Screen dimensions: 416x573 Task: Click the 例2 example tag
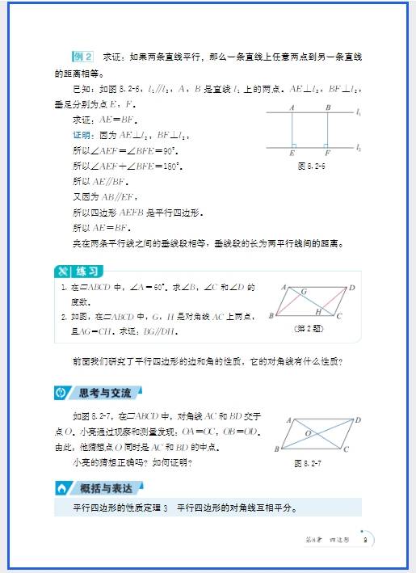[83, 57]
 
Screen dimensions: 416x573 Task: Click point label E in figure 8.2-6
[292, 153]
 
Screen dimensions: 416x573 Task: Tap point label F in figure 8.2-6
[326, 153]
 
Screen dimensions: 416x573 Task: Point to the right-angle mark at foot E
[295, 145]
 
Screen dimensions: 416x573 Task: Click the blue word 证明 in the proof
[82, 134]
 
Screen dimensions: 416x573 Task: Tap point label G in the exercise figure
[304, 291]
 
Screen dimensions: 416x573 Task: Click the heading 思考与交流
[107, 393]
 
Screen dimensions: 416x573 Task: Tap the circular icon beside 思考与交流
[61, 393]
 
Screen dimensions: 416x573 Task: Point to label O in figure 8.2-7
[308, 432]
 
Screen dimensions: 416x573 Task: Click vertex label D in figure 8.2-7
[357, 419]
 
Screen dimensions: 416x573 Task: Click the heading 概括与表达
[107, 488]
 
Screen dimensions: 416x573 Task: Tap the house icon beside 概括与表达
[61, 488]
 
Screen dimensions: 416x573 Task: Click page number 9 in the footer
[365, 540]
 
